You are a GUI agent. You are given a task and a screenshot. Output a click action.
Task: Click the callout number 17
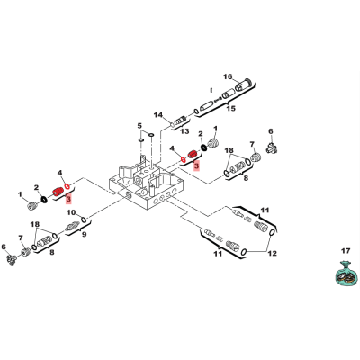(x=346, y=251)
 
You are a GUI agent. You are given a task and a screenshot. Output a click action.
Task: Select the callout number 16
(x=228, y=76)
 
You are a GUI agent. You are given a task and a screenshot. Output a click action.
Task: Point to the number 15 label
(x=230, y=108)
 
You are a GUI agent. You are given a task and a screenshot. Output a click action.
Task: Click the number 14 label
(x=158, y=114)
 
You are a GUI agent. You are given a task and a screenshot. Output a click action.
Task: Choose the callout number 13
(x=184, y=131)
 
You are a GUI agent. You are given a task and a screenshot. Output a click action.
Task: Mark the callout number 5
(x=139, y=125)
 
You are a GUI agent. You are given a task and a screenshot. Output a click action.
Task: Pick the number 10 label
(x=71, y=212)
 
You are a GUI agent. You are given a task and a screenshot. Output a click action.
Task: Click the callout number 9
(x=85, y=234)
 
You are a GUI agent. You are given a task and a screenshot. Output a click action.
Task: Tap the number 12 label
(x=273, y=254)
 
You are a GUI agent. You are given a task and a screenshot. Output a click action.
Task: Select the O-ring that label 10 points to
(x=85, y=220)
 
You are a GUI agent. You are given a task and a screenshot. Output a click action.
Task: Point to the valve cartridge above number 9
(x=72, y=226)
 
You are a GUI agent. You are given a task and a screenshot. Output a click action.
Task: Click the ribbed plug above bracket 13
(x=179, y=121)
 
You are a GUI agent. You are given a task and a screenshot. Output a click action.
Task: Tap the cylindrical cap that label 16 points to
(x=243, y=85)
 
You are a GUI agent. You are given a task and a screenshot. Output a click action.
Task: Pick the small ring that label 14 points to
(x=173, y=124)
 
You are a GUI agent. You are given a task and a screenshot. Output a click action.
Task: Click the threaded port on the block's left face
(x=128, y=196)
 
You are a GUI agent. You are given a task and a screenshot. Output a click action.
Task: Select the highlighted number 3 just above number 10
(x=69, y=199)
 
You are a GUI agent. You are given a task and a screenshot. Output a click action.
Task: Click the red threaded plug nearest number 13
(x=192, y=155)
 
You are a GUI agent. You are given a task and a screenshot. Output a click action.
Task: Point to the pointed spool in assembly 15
(x=206, y=105)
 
